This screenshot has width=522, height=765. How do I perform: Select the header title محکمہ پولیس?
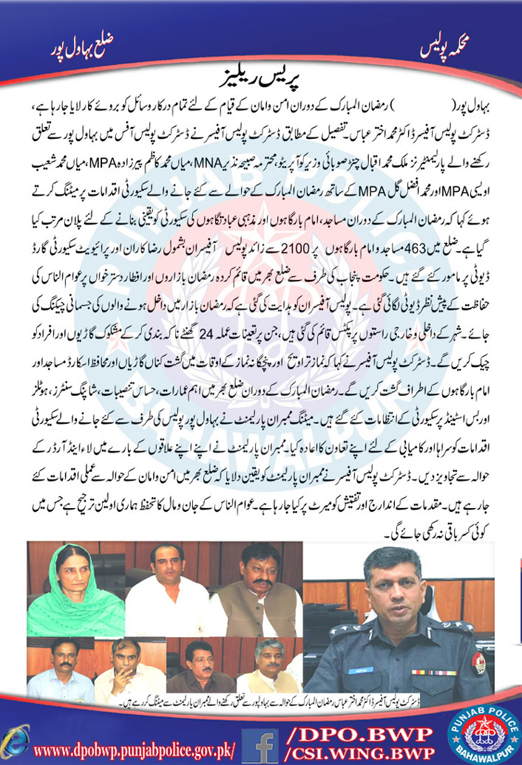pyautogui.click(x=438, y=46)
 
